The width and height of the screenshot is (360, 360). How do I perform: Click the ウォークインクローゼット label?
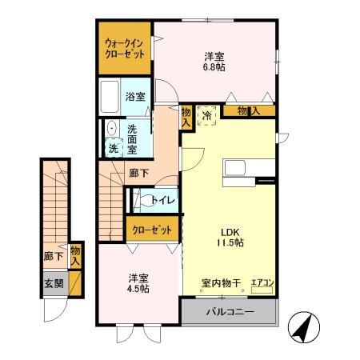124,50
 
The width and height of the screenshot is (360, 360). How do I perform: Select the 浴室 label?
135,97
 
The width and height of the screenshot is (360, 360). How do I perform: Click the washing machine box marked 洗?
112,147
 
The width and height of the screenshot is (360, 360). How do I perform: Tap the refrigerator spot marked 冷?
206,115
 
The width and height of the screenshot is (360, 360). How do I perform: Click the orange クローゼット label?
151,230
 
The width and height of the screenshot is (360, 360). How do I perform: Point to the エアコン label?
262,282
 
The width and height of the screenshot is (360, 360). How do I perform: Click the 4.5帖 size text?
138,290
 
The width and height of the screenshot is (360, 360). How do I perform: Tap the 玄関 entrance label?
54,282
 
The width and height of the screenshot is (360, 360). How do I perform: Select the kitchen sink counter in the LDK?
238,170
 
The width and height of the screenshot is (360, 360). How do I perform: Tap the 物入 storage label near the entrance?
76,255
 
